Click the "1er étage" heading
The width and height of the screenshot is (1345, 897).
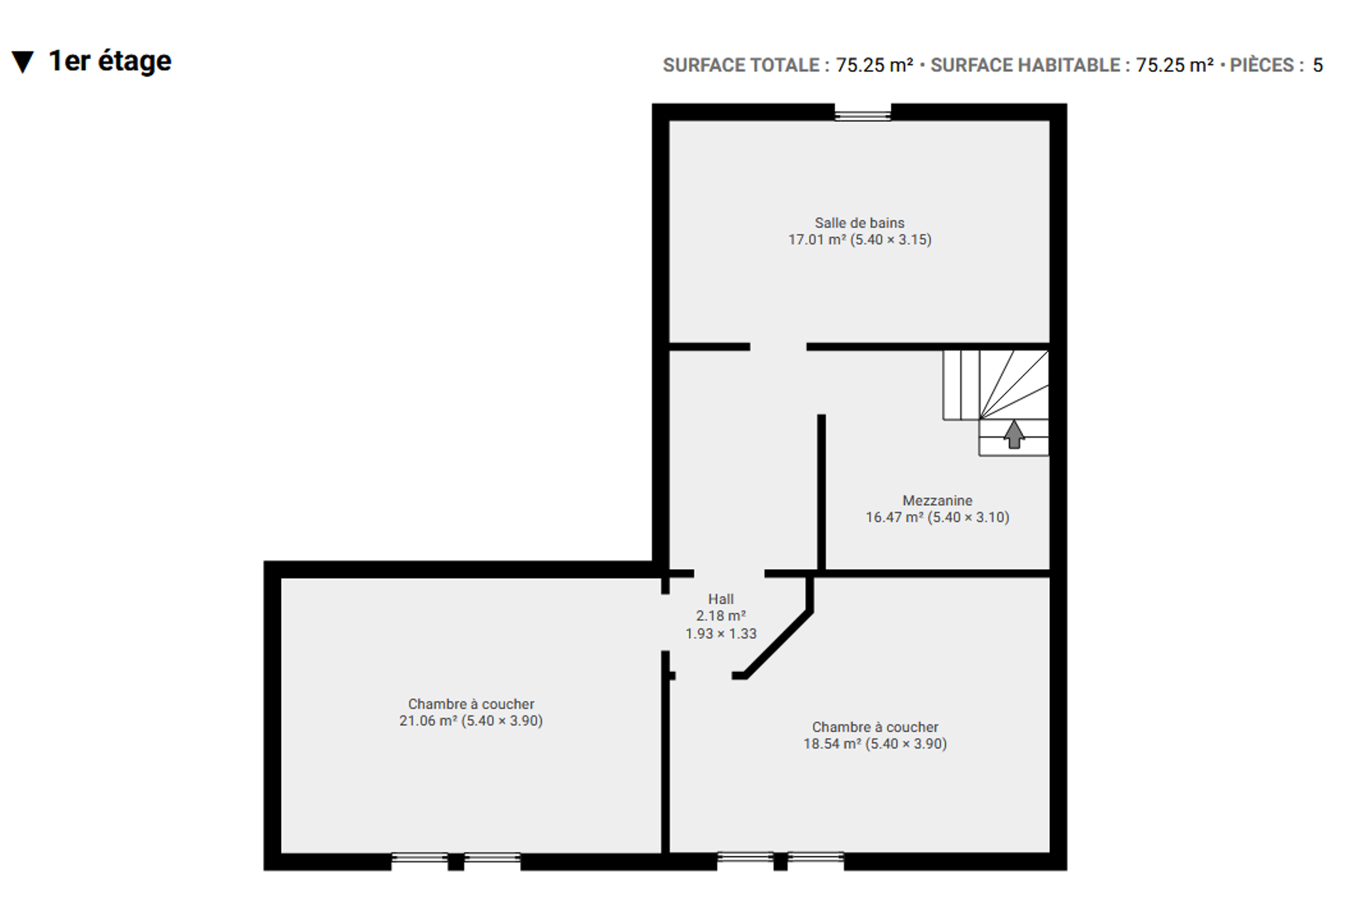click(110, 61)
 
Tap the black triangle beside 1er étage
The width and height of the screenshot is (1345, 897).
click(23, 62)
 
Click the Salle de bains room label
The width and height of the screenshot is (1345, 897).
click(859, 223)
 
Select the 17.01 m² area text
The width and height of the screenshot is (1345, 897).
click(817, 240)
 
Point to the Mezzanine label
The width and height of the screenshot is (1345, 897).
click(937, 501)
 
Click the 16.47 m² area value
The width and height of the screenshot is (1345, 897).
click(894, 517)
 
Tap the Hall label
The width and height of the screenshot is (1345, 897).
click(720, 599)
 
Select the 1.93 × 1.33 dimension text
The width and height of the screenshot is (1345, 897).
click(721, 634)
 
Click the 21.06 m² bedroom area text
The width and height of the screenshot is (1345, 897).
click(428, 721)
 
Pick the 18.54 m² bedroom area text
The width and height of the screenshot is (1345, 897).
click(832, 745)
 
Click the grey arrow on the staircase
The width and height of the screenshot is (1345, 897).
click(1014, 434)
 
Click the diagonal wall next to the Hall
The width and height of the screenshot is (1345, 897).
click(777, 644)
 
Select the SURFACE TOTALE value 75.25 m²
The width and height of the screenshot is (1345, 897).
click(874, 66)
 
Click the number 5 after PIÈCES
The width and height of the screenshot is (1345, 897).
click(1317, 66)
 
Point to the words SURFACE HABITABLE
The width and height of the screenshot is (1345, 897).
click(1025, 66)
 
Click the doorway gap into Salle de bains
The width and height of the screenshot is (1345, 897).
click(778, 347)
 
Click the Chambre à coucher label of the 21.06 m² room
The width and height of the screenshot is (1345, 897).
click(471, 704)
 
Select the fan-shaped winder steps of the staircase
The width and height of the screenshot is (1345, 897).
click(1014, 384)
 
